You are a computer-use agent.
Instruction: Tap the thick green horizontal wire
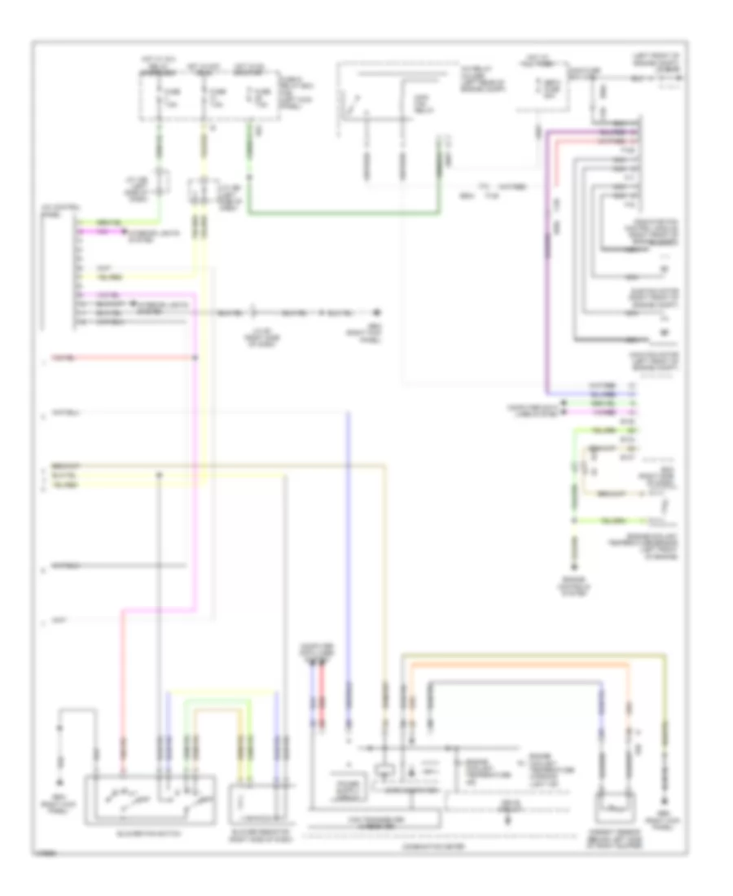[342, 215]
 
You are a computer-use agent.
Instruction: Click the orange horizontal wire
[521, 664]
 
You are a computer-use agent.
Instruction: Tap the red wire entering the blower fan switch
[124, 692]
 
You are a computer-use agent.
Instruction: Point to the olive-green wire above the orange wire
[529, 653]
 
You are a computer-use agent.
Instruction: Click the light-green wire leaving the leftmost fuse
[160, 151]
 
